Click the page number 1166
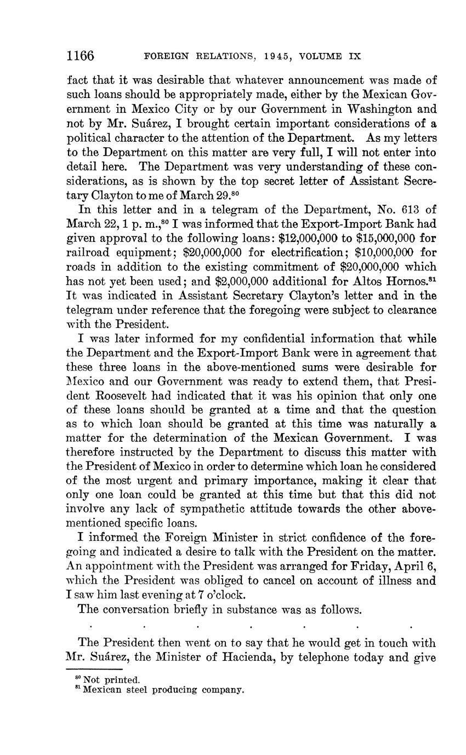coord(81,56)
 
